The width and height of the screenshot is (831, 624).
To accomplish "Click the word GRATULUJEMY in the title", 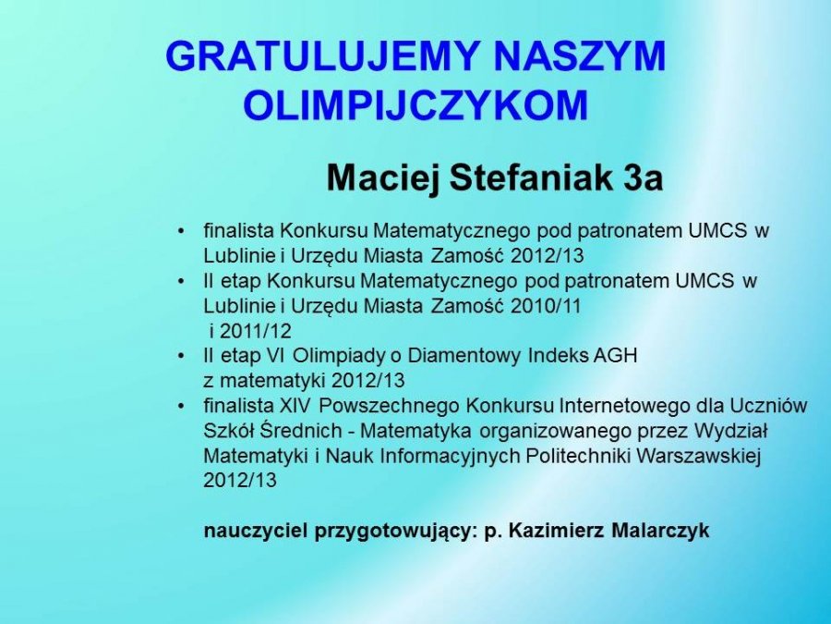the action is pos(324,55).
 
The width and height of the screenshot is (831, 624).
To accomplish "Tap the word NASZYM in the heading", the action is pos(580,55).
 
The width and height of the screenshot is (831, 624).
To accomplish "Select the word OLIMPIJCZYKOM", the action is pos(416,104).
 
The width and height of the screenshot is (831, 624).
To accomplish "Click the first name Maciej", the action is pos(384,177).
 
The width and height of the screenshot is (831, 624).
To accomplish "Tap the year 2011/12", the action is pos(256,331).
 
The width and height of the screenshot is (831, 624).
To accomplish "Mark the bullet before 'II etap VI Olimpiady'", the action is pos(182,356).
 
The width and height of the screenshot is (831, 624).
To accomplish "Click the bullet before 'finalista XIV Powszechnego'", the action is pos(182,407).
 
